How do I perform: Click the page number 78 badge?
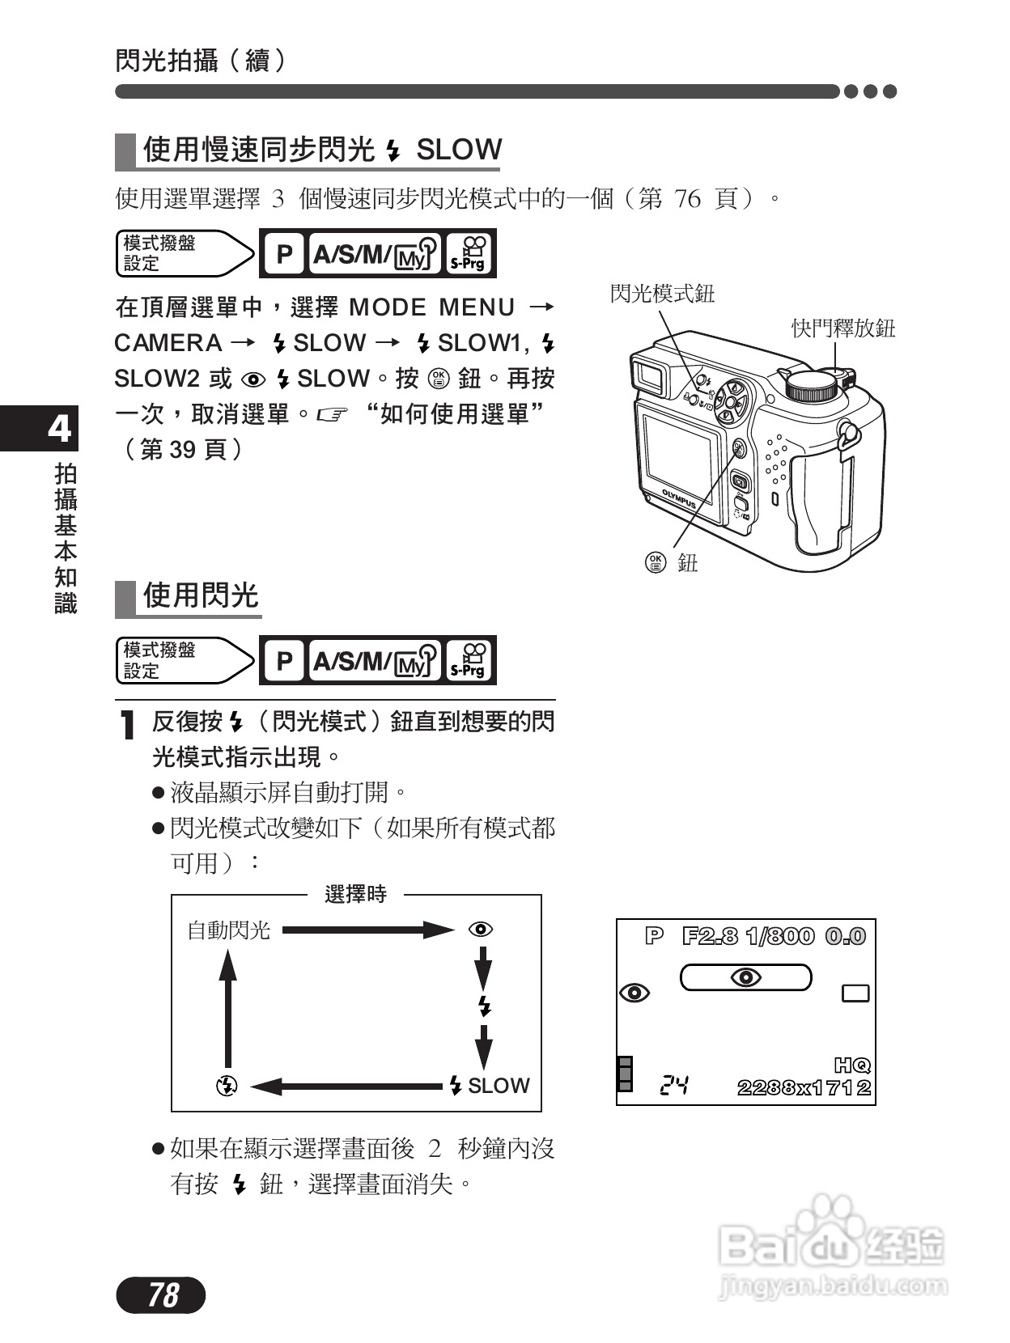(161, 1294)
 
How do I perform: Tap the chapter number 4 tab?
(58, 429)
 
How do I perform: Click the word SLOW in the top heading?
(458, 150)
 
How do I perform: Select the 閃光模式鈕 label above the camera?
(662, 294)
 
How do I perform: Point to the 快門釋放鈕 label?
(843, 328)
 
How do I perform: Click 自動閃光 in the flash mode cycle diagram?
(228, 930)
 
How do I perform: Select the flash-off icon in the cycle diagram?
(227, 1086)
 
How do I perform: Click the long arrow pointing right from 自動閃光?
(368, 930)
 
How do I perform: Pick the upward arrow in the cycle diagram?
(228, 1007)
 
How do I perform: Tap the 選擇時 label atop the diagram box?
(355, 895)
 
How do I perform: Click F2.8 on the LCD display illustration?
(710, 937)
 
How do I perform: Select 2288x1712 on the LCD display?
(804, 1088)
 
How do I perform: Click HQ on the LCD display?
(851, 1066)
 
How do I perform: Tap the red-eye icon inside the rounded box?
(745, 977)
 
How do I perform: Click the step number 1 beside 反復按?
(126, 725)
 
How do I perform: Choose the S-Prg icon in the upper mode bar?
(469, 253)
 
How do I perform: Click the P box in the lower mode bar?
(284, 661)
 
